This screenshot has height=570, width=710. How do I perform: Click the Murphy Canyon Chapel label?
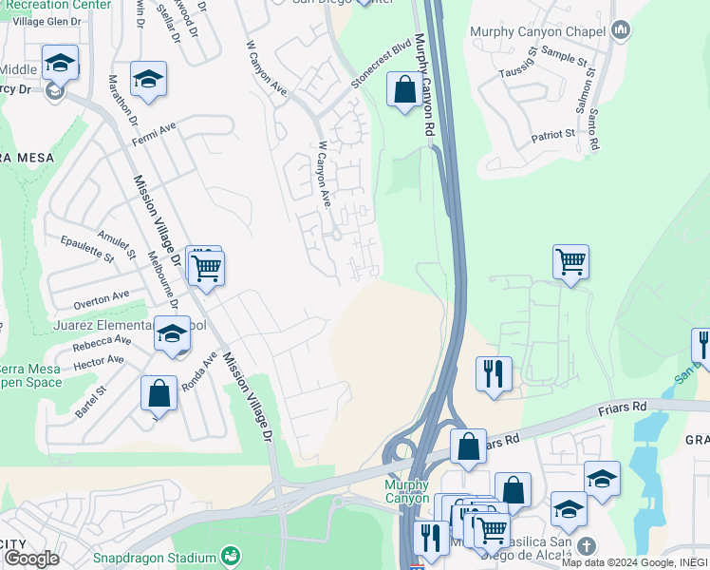(537, 31)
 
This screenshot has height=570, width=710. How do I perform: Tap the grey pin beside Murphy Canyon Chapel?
(621, 31)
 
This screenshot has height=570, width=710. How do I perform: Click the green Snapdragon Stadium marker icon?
(230, 555)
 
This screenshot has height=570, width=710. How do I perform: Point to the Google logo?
(31, 559)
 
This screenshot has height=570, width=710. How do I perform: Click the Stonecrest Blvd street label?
(381, 65)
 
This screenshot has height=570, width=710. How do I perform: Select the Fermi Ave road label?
(156, 130)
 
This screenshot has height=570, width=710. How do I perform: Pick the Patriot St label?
(552, 135)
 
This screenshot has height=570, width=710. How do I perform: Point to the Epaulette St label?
(86, 250)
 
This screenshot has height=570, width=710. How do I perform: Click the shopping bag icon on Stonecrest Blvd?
(404, 91)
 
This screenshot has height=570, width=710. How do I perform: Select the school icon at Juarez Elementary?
(172, 335)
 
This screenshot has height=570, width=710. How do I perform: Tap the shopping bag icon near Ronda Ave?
(159, 392)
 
